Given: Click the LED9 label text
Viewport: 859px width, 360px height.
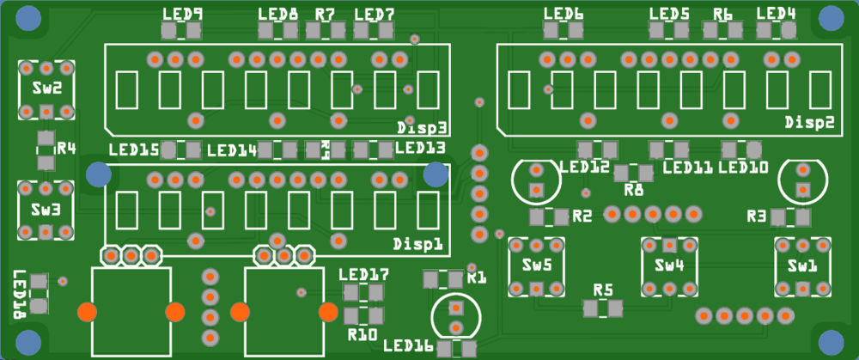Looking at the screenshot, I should pos(183,14).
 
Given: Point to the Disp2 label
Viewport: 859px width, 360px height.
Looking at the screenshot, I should pos(809,123).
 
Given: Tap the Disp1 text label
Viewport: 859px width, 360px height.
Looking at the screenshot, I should pos(417,243).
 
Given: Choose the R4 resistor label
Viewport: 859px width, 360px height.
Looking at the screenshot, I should pos(66,148).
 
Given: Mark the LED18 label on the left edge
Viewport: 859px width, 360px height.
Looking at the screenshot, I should pos(20,295).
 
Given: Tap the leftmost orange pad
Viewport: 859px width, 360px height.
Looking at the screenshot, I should pos(87,311).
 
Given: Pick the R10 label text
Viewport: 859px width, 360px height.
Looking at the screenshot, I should pos(362,333).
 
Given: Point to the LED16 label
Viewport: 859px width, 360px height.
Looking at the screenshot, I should pos(408,346).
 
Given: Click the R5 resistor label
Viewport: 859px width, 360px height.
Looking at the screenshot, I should pos(603,290).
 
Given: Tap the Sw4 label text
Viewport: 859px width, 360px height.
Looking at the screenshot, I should pos(668,265).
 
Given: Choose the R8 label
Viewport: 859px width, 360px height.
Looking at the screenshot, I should pos(634,189).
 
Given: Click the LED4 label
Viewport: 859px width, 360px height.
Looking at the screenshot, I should pos(776,14).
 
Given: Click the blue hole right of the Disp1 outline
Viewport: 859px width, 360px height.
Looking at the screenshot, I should pos(436,174).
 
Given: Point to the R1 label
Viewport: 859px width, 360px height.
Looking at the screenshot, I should pos(477,278).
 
